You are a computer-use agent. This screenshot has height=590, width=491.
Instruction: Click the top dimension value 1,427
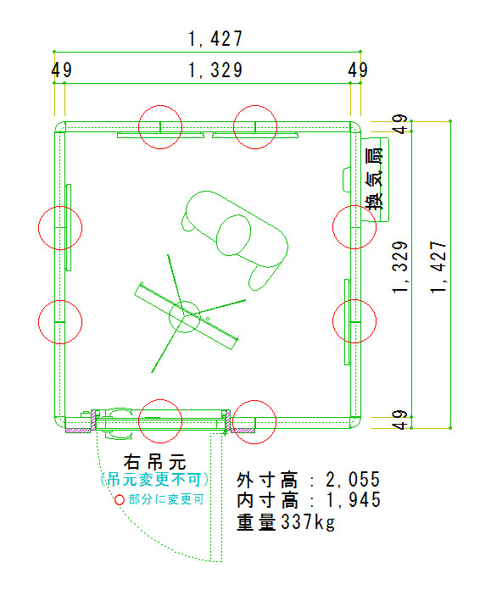pos(215,39)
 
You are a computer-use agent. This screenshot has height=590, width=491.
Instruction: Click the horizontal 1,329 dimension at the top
pos(215,70)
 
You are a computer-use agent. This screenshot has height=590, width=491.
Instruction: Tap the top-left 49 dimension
pos(61,70)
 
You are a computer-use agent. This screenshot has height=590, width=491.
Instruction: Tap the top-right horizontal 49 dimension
pos(358,70)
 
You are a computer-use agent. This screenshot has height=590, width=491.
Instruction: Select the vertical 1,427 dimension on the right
pos(439,268)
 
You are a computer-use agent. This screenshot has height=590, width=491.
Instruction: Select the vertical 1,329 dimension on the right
pos(400,268)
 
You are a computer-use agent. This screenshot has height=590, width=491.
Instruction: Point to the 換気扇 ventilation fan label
pos(375,179)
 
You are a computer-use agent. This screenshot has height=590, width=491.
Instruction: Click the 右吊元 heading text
pos(154,461)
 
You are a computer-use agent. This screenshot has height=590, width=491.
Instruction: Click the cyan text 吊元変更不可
pos(154,480)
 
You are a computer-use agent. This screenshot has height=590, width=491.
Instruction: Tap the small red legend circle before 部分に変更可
pos(120,499)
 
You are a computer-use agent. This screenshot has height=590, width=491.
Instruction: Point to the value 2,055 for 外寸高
pos(353,480)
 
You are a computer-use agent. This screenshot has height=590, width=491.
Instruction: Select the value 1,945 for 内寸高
pos(353,500)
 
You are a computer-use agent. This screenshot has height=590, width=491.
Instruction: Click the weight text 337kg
pos(308,522)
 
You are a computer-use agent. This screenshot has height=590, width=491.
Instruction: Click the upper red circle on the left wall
pos(60,228)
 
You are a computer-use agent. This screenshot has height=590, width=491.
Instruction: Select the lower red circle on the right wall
pos(354,321)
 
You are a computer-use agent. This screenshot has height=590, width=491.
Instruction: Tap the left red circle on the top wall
pos(160,127)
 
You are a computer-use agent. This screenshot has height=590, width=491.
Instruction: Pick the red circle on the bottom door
pos(160,421)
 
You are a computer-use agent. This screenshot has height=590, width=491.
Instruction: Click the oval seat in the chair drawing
pos(234,235)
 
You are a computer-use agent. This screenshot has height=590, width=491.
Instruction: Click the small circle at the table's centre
pos(185,316)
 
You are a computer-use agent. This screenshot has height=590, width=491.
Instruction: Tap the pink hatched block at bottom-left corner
pos(78,431)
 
